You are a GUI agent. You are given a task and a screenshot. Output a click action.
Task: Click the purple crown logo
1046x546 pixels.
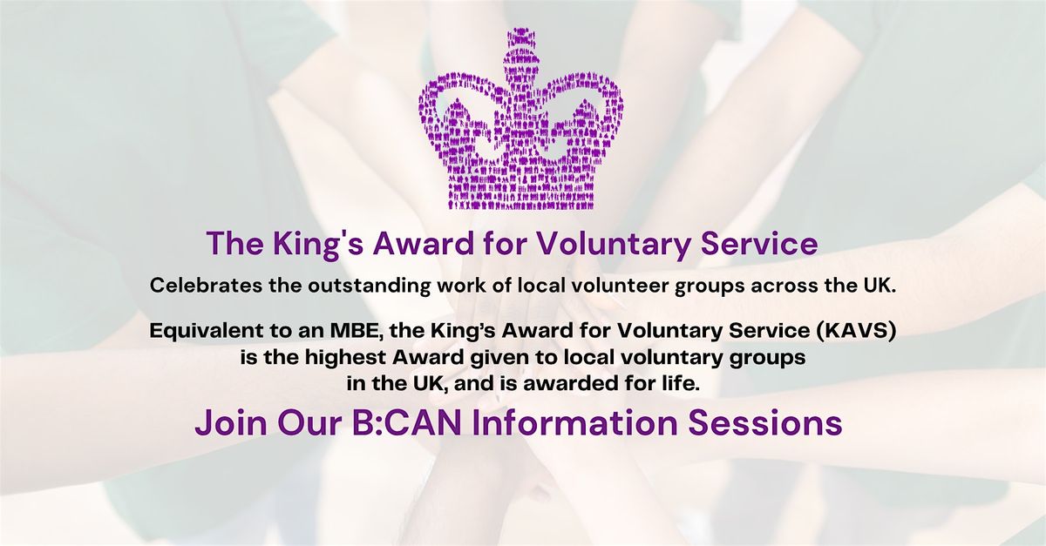point(520,119)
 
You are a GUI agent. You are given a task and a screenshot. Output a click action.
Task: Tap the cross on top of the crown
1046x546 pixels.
point(520,49)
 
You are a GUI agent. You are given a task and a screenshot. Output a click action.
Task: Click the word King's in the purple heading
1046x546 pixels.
point(317,245)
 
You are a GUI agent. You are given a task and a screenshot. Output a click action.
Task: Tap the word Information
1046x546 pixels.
point(574,422)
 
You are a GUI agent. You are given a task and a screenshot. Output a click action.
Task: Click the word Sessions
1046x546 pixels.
point(765,422)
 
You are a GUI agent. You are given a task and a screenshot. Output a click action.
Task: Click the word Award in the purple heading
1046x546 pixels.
point(425,243)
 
